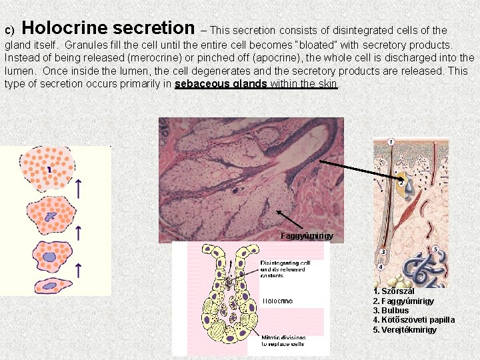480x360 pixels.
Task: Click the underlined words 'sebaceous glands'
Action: point(221,84)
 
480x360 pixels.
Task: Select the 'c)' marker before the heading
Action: point(9,31)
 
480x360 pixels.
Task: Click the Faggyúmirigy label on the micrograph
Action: point(307,236)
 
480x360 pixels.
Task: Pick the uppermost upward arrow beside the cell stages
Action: point(79,189)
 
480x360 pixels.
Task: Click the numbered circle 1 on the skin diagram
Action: point(390,141)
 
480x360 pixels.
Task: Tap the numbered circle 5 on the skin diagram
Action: point(435,250)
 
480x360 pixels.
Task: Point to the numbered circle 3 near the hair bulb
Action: point(383,252)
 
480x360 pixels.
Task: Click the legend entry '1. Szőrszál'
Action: point(394,291)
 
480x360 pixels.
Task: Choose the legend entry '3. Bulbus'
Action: point(391,311)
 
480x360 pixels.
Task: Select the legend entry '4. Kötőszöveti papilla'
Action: point(413,320)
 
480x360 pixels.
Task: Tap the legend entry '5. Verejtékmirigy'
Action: point(405,330)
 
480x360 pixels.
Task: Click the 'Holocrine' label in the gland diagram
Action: point(277,301)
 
